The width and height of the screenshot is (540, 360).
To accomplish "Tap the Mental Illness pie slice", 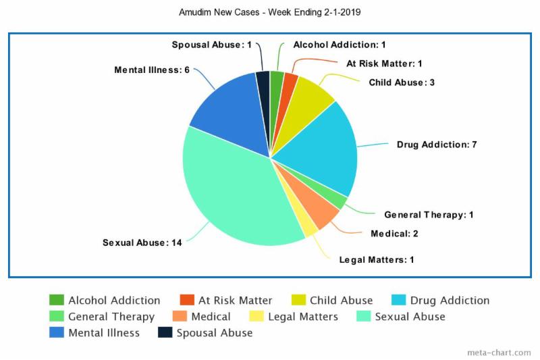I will [226, 115].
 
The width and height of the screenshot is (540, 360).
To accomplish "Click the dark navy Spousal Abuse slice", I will [263, 81].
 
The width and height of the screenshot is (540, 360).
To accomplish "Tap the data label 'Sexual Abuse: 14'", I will [142, 242].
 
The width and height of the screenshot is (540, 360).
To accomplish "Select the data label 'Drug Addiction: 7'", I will [437, 145].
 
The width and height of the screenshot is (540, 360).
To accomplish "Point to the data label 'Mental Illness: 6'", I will [151, 70].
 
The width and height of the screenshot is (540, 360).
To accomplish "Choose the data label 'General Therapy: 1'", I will [429, 215].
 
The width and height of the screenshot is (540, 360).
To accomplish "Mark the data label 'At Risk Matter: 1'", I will [384, 63].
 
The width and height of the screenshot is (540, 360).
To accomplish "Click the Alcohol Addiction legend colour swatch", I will [57, 300].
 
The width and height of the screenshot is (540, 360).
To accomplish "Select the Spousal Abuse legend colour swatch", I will [165, 332].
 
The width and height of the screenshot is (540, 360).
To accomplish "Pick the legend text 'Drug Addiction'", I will [450, 300].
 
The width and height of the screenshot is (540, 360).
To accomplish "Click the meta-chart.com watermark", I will [498, 353].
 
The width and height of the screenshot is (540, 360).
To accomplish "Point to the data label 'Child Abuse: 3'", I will [401, 82].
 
